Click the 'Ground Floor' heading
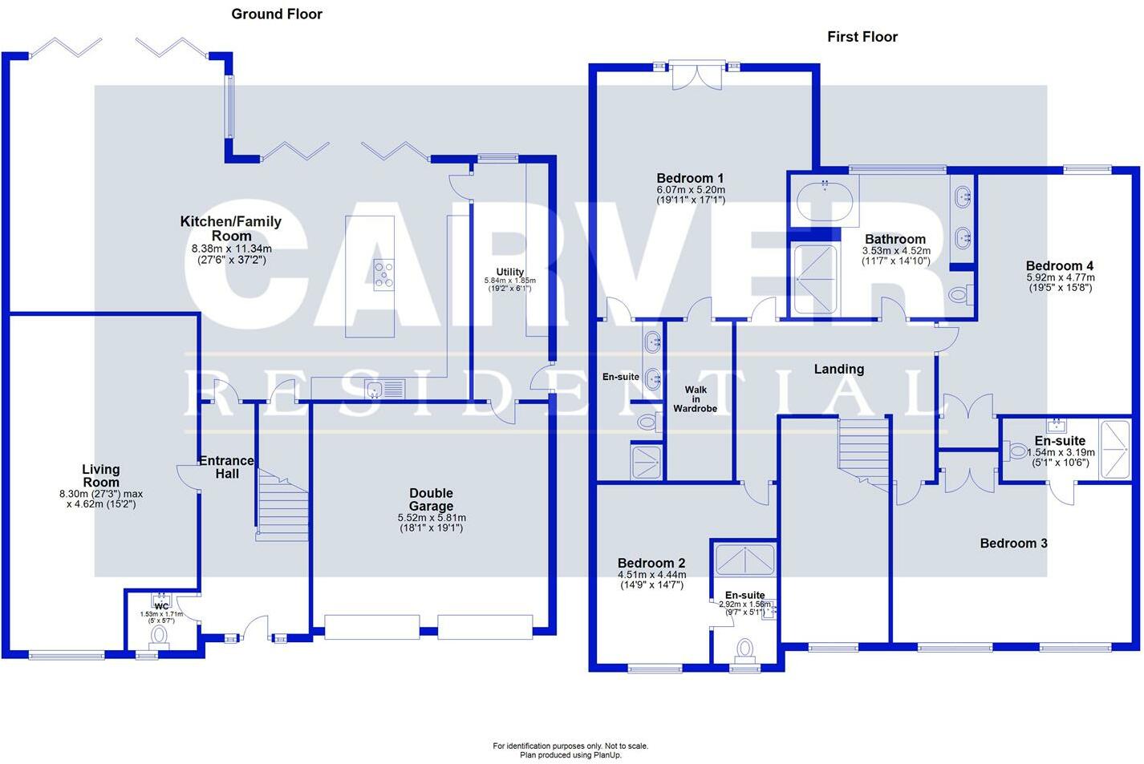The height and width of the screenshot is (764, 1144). pyautogui.click(x=277, y=14)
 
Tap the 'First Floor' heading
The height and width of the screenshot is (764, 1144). pyautogui.click(x=862, y=37)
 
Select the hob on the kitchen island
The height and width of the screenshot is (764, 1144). pyautogui.click(x=383, y=275)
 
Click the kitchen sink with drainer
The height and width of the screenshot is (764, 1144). pyautogui.click(x=384, y=389)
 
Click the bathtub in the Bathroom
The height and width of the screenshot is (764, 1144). pyautogui.click(x=824, y=201)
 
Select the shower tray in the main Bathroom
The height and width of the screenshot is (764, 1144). pyautogui.click(x=814, y=279)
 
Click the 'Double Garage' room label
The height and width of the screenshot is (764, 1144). pyautogui.click(x=432, y=499)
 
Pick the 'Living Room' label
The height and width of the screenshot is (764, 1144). pyautogui.click(x=101, y=475)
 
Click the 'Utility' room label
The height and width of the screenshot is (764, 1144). pyautogui.click(x=509, y=272)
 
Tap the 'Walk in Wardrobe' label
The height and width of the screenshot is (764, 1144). pyautogui.click(x=695, y=399)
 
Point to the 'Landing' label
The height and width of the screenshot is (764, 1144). pyautogui.click(x=838, y=369)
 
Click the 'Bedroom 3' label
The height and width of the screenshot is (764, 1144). pyautogui.click(x=1013, y=544)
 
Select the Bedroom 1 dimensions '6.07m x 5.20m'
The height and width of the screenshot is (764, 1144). pyautogui.click(x=691, y=190)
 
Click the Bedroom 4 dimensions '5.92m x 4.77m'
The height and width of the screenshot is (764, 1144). pyautogui.click(x=1061, y=277)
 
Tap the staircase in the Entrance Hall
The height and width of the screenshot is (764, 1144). pyautogui.click(x=282, y=504)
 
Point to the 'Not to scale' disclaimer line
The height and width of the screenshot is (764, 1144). pyautogui.click(x=570, y=746)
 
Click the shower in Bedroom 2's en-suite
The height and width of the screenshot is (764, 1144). pyautogui.click(x=744, y=560)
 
